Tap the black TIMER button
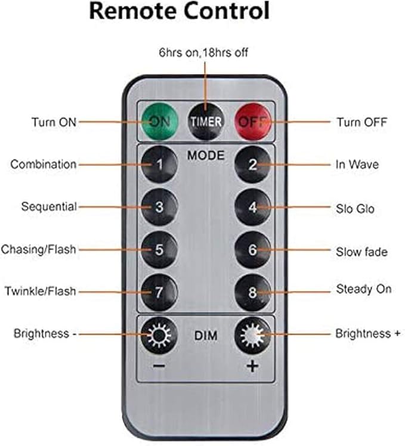coord(206,122)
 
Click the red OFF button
coord(253,122)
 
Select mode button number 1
coord(159,164)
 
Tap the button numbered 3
coord(159,207)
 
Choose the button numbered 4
coord(253,207)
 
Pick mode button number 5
coord(159,249)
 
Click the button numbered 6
coord(253,249)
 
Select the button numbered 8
coord(253,292)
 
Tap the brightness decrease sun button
coord(159,335)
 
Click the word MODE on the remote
coord(206,155)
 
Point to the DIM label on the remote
coord(206,336)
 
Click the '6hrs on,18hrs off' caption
coord(203,52)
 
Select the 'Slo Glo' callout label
coord(355,209)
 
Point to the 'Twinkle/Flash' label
coord(41,291)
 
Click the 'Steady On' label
coord(364,289)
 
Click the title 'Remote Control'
coord(180,11)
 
